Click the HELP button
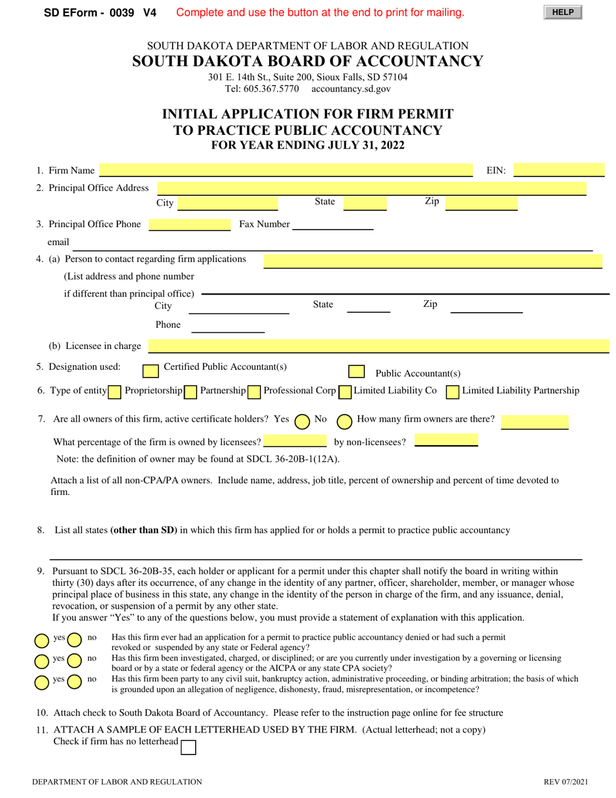[563, 12]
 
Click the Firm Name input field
[286, 171]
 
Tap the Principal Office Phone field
[189, 224]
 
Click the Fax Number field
[333, 224]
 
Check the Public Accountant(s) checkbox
[356, 371]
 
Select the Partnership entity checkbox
[191, 392]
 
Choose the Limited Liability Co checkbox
[345, 392]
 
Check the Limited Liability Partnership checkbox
[453, 392]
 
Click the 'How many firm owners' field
[534, 422]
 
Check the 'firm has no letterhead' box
[188, 747]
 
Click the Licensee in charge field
[379, 346]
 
